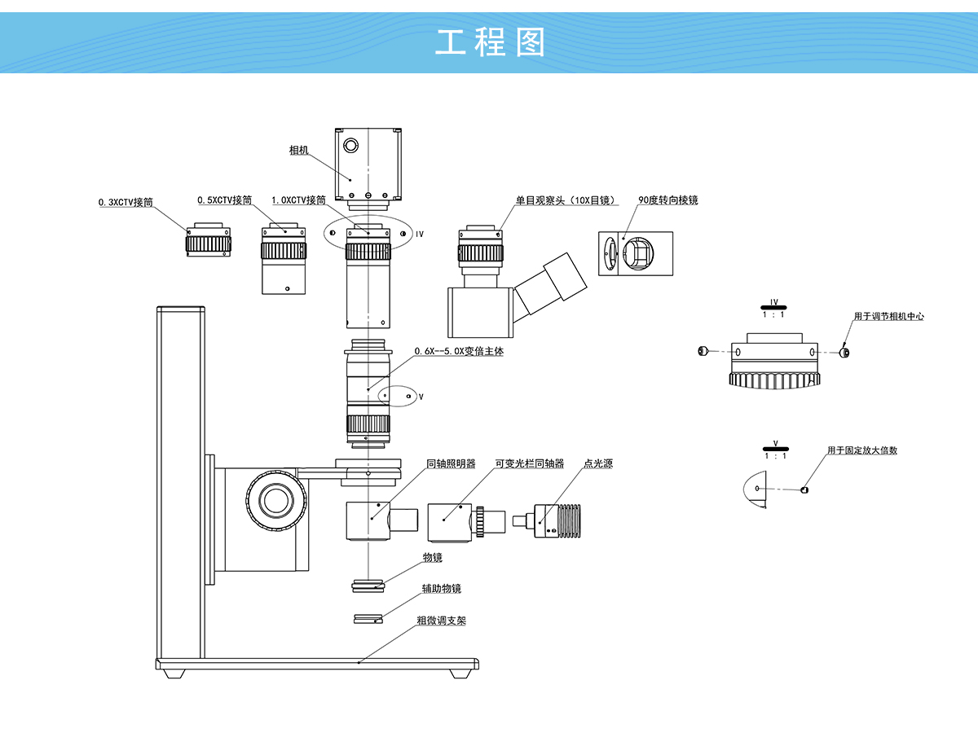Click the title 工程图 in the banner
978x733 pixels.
pyautogui.click(x=490, y=42)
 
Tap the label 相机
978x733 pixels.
pyautogui.click(x=299, y=150)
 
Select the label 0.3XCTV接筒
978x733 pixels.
pyautogui.click(x=126, y=202)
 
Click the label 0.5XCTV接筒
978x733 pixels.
pyautogui.click(x=225, y=200)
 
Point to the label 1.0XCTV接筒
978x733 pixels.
pyautogui.click(x=299, y=200)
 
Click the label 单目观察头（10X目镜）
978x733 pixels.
pyautogui.click(x=566, y=200)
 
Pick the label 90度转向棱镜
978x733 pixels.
pyautogui.click(x=668, y=200)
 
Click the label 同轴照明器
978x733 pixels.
pyautogui.click(x=451, y=464)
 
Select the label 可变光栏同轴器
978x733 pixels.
pyautogui.click(x=530, y=464)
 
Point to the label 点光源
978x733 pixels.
pyautogui.click(x=598, y=464)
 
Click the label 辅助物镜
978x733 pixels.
pyautogui.click(x=442, y=589)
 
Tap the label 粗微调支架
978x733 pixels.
pyautogui.click(x=442, y=621)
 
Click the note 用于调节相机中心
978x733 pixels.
pyautogui.click(x=889, y=316)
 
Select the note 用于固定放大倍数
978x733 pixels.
pyautogui.click(x=862, y=450)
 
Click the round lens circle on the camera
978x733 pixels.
pyautogui.click(x=350, y=146)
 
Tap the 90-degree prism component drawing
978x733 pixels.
pyautogui.click(x=636, y=252)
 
